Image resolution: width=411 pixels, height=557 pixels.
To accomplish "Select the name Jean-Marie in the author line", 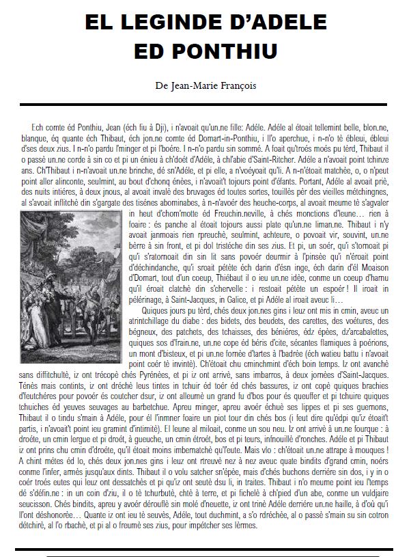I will point(195,85).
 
